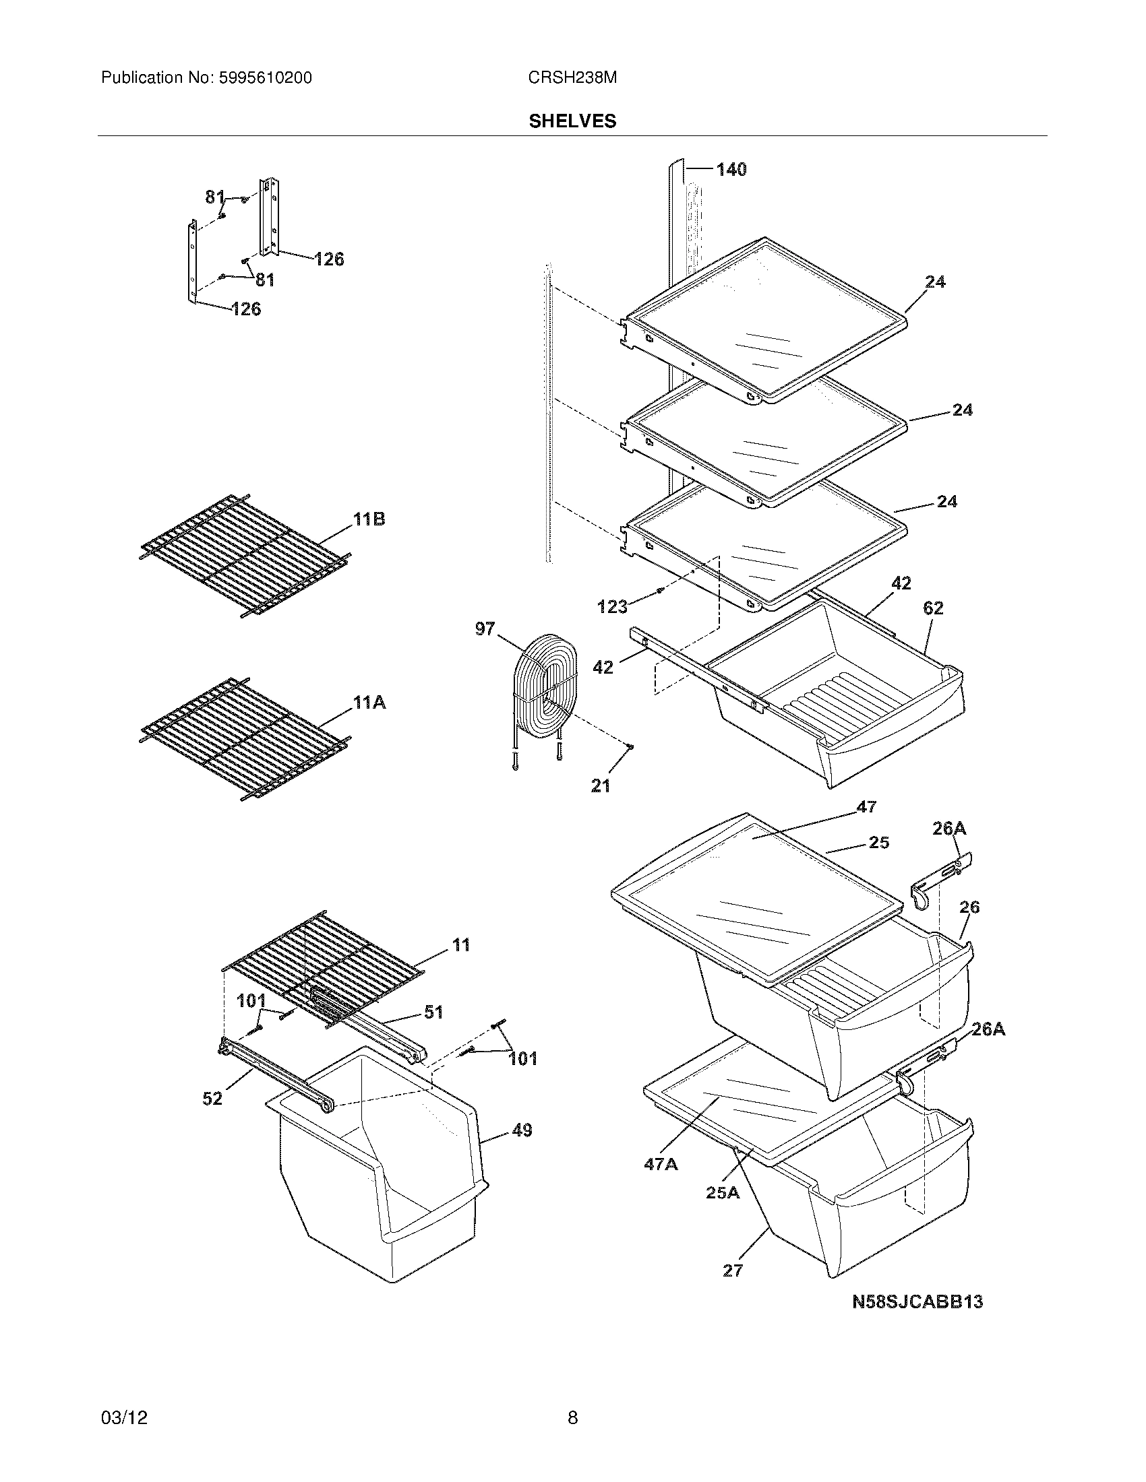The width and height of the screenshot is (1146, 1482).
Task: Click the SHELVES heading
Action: tap(572, 121)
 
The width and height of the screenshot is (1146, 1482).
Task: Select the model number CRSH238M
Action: tap(572, 78)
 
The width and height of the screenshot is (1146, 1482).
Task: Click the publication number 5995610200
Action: tap(266, 78)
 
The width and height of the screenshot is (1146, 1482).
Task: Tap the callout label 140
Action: tap(731, 169)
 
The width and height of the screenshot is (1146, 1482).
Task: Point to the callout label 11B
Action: tap(369, 520)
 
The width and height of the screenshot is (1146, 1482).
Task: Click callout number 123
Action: tap(612, 607)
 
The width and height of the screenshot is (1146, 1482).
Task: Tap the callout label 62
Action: tap(933, 608)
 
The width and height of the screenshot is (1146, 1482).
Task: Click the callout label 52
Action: tap(212, 1098)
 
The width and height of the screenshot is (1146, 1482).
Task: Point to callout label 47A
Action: tap(661, 1165)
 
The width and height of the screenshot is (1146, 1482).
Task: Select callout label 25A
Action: tap(723, 1192)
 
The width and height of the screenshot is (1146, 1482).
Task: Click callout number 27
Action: tap(733, 1270)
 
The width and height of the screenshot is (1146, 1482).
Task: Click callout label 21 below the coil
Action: tap(601, 785)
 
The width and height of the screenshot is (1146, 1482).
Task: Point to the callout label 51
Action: tap(433, 1012)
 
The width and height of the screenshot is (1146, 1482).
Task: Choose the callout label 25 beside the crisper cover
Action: tap(878, 842)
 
